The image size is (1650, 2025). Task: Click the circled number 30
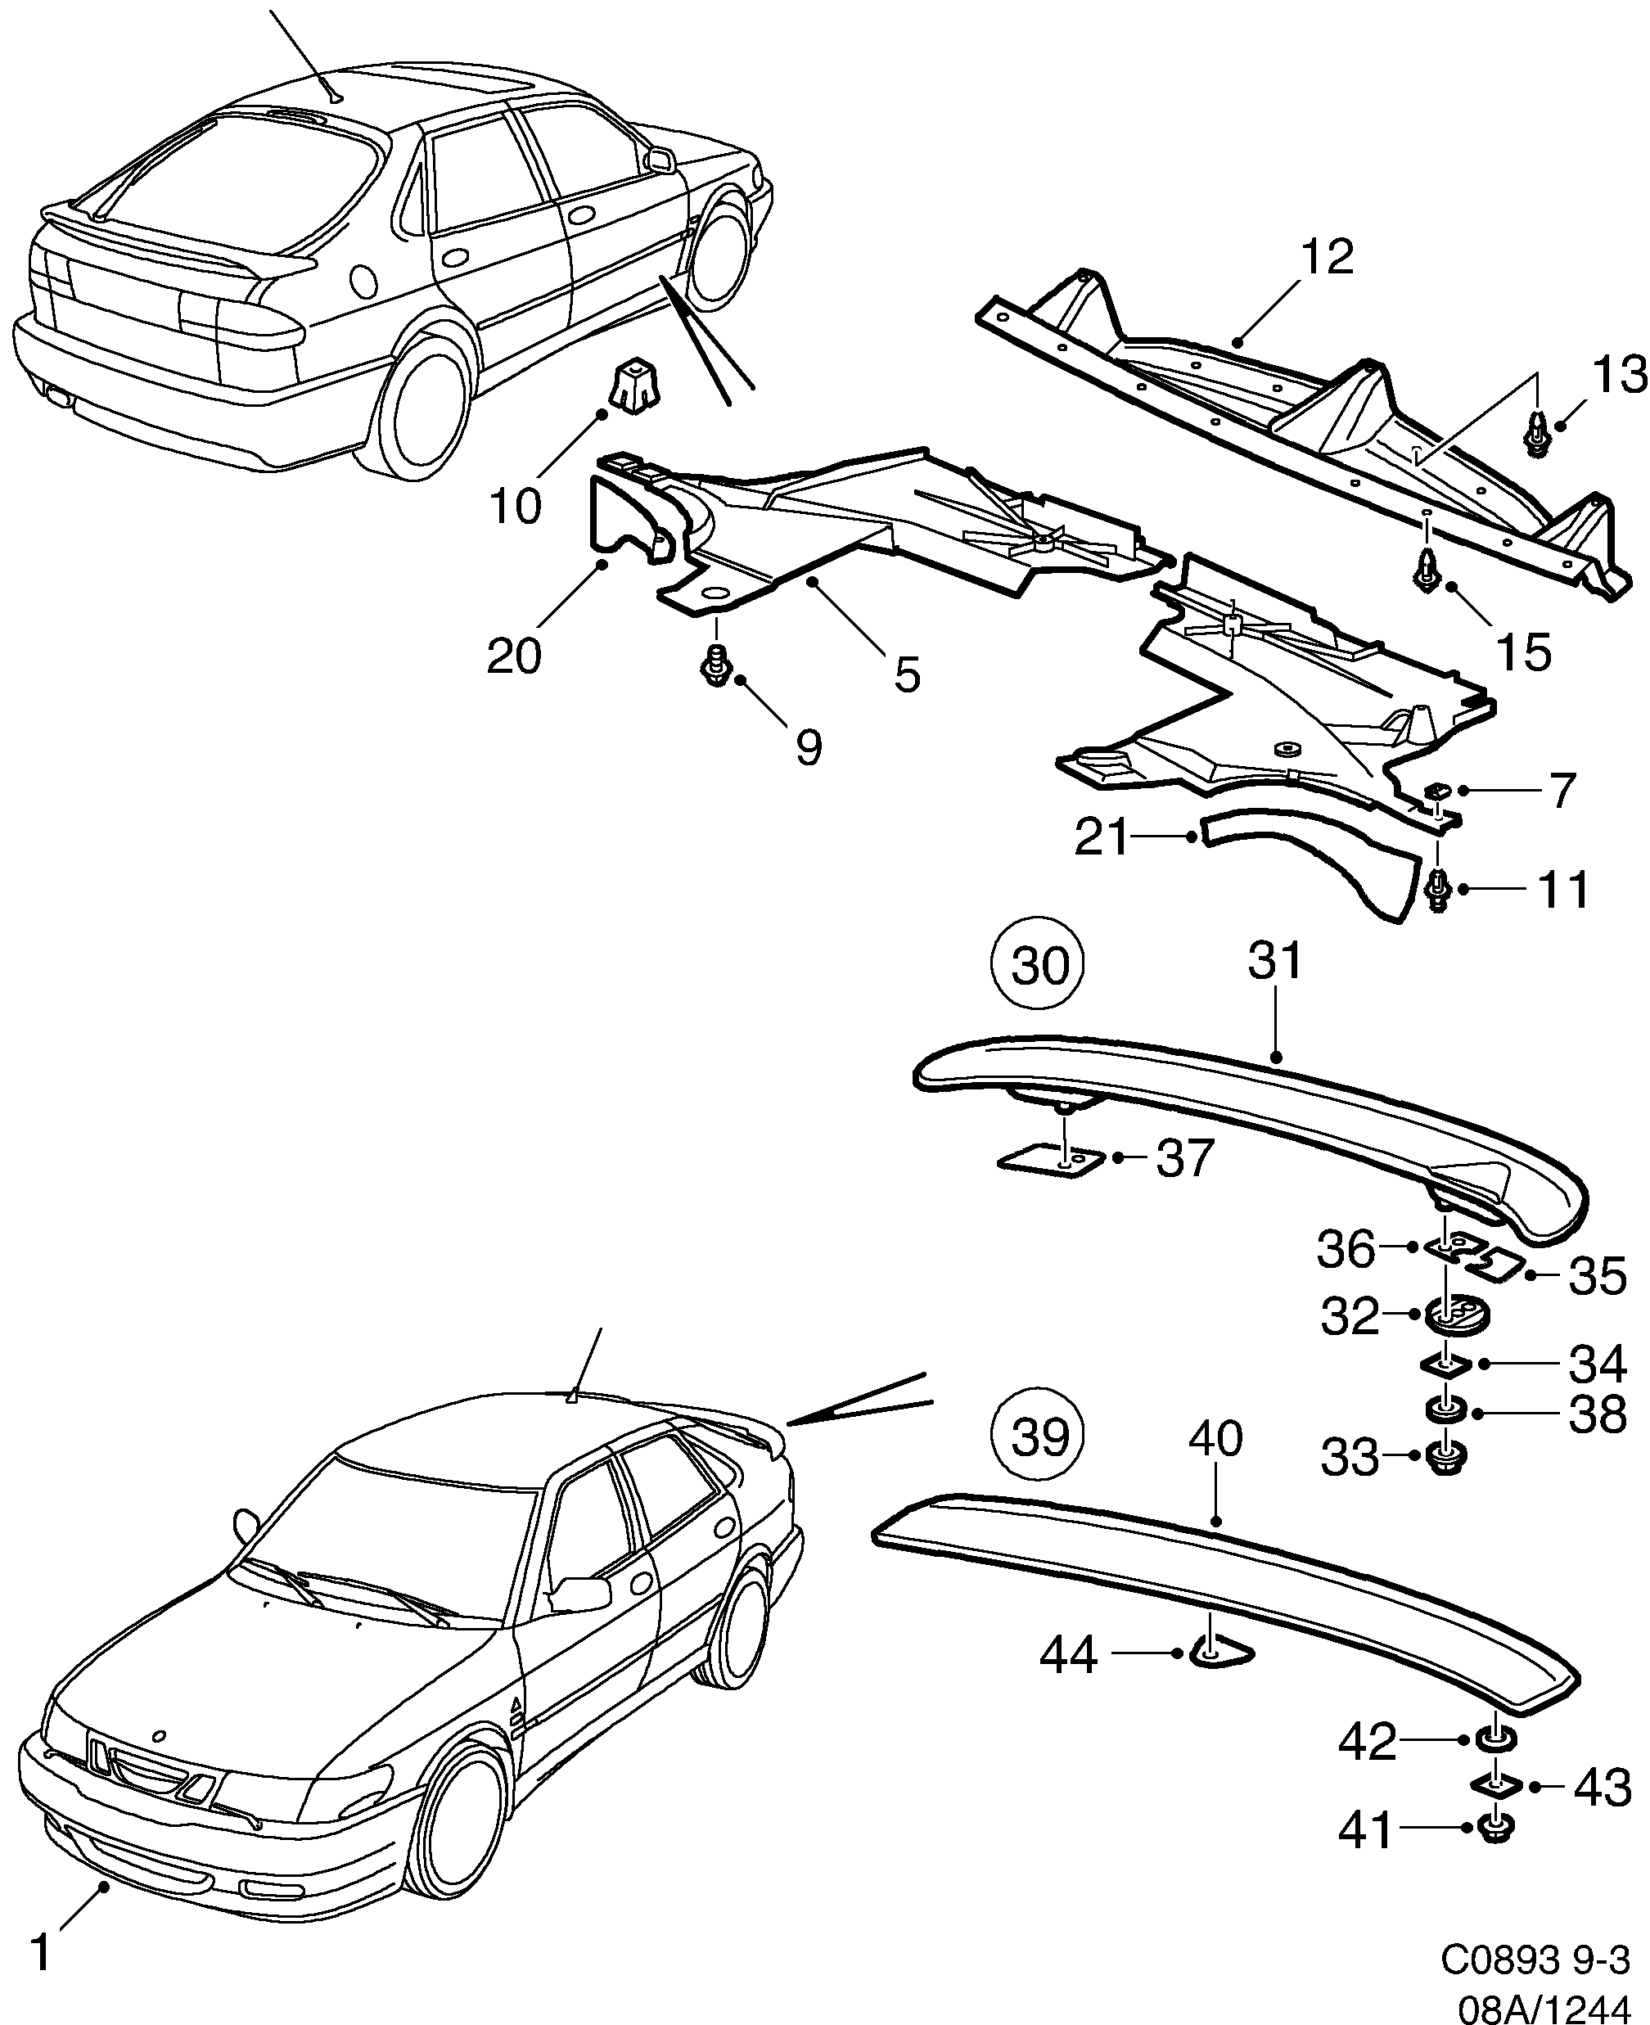click(1039, 967)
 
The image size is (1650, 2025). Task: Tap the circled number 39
click(1039, 1439)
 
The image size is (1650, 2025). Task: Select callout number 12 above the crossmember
click(1326, 258)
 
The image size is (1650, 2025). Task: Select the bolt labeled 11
click(1439, 891)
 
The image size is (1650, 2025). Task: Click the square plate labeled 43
click(1499, 1784)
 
